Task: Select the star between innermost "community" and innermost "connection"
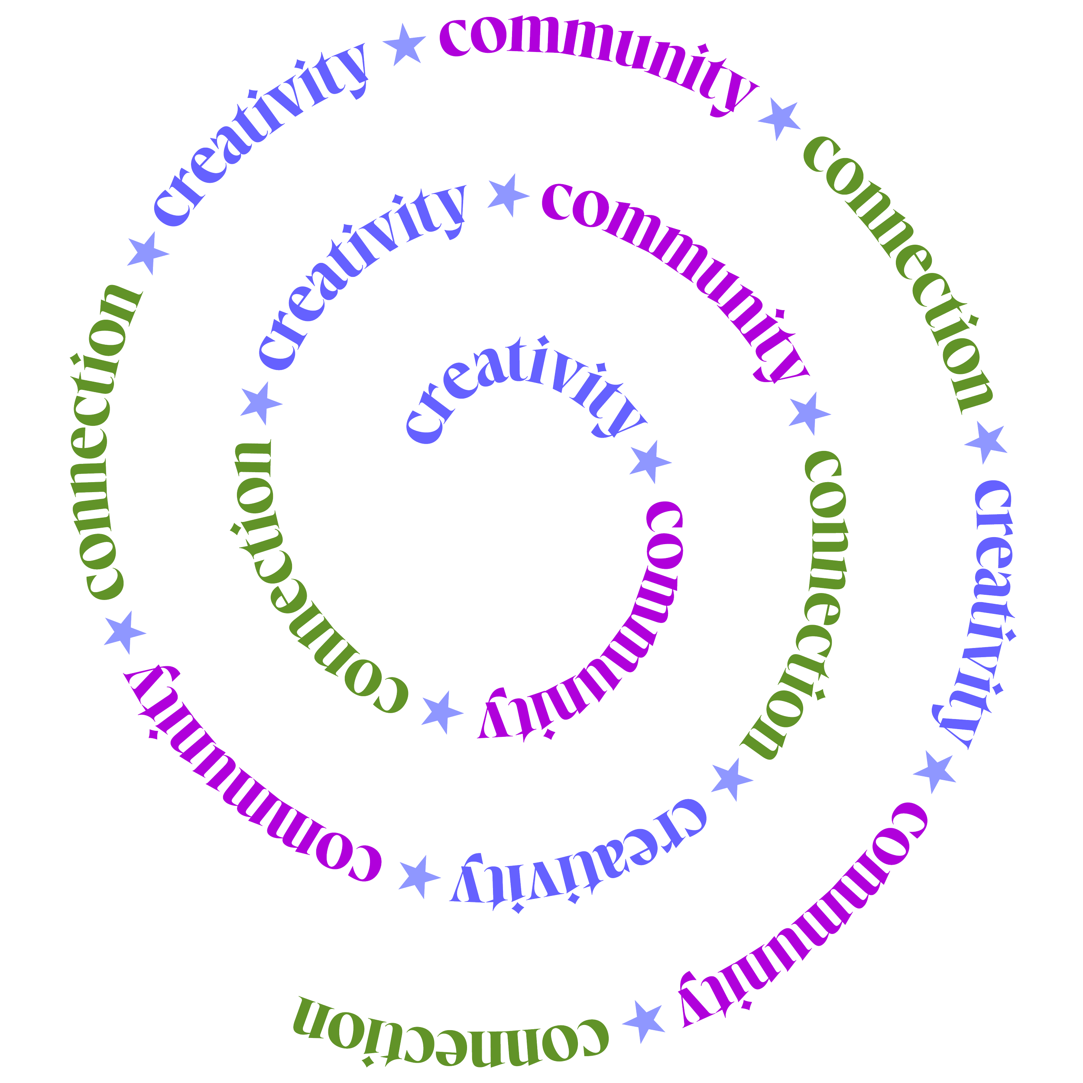442,712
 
